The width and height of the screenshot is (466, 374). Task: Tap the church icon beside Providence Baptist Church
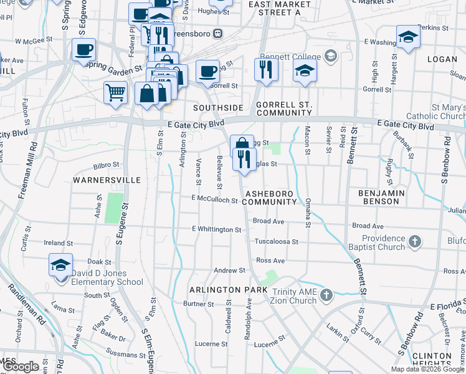coord(415,241)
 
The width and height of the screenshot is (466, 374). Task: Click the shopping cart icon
coord(115,93)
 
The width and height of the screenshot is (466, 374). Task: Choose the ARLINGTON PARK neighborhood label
coord(224,290)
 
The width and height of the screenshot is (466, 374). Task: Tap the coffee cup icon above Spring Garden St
coord(83,49)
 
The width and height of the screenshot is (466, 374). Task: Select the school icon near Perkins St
coord(408,37)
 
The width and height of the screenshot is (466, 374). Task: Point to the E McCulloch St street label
coord(215,200)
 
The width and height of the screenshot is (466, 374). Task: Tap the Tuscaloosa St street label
coord(277,241)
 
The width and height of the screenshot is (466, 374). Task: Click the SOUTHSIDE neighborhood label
coord(217,108)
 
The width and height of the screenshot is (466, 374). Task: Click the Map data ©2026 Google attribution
coord(427,369)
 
